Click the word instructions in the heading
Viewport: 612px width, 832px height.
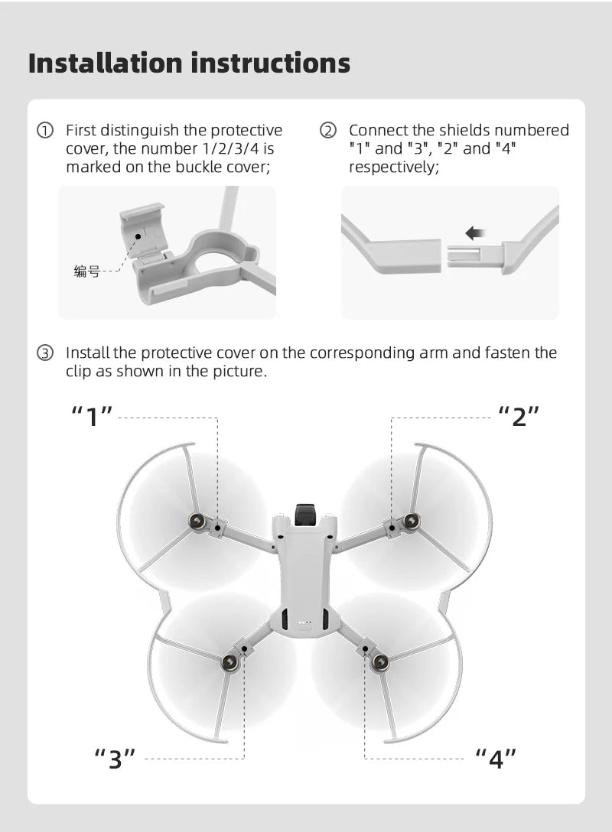point(270,63)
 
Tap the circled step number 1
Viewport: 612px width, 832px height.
point(47,131)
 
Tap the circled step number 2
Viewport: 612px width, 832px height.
point(329,131)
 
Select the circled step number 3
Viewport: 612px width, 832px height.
point(47,353)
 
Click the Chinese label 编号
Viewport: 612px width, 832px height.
point(86,271)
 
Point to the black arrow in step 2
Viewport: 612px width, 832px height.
point(475,232)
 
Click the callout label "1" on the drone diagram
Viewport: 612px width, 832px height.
point(93,418)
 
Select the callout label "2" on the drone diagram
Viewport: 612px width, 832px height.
point(519,418)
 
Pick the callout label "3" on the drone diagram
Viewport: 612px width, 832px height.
point(115,759)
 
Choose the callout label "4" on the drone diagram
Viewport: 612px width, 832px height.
point(496,759)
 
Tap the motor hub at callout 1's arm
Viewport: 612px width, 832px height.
point(198,522)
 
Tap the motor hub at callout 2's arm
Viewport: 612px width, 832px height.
point(412,522)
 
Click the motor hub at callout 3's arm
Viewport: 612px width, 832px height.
point(229,662)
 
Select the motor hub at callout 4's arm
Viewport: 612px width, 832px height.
point(380,662)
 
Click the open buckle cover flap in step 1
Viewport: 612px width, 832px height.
point(143,228)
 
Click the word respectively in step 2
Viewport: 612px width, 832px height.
point(393,167)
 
